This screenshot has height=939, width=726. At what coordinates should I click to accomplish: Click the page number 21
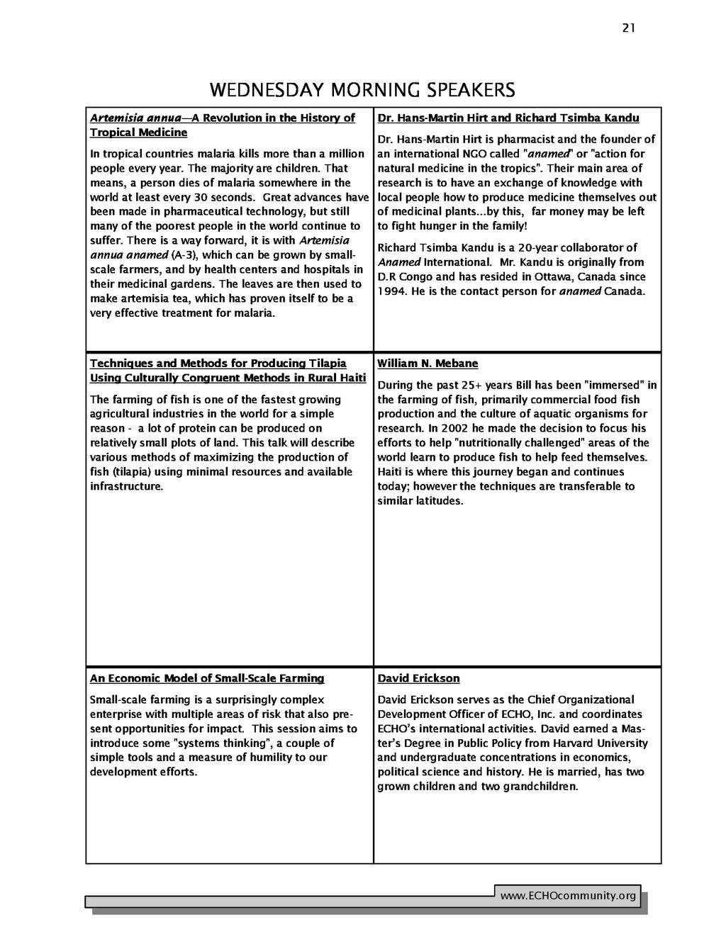[629, 28]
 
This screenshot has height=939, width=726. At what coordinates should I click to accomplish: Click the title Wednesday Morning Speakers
[362, 91]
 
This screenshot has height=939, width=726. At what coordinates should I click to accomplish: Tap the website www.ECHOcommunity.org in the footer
[568, 896]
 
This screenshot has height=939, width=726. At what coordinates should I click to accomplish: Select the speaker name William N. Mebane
[428, 364]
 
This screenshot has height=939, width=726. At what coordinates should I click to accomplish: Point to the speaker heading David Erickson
[418, 678]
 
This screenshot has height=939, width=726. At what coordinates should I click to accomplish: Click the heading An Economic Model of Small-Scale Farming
[207, 678]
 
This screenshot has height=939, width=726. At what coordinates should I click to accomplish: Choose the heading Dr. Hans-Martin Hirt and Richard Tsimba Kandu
[508, 118]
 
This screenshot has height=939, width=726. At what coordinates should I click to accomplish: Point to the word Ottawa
[535, 277]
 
